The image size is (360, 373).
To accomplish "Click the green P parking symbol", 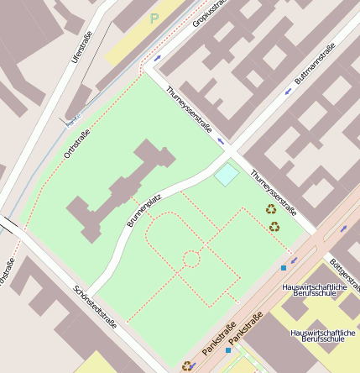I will (x=154, y=18).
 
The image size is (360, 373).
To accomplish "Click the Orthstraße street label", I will (x=76, y=143).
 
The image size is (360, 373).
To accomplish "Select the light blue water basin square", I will (x=227, y=175).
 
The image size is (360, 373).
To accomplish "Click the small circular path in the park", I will (x=191, y=259).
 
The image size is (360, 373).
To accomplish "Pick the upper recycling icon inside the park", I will (x=271, y=209).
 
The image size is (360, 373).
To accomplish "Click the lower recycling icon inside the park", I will (x=274, y=226).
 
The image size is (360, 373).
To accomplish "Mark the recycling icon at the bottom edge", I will (x=186, y=365).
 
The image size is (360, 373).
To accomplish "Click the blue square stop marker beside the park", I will (x=284, y=268).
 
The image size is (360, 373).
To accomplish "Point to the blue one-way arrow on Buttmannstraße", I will (x=288, y=92).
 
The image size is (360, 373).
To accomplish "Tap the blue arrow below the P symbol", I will (x=158, y=58).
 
